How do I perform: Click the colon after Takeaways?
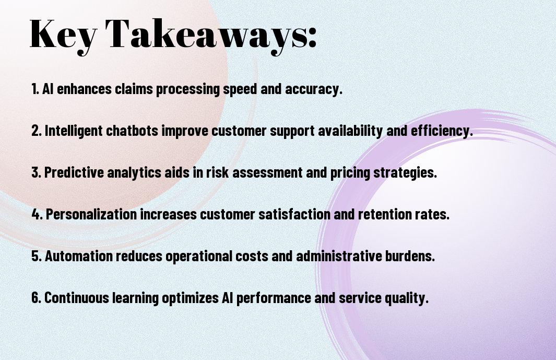coord(312,38)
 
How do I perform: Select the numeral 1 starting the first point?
coord(34,89)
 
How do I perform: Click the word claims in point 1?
coord(134,89)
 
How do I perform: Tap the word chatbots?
coord(132,131)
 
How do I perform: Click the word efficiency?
coord(442,131)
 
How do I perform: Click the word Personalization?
coord(91,214)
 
